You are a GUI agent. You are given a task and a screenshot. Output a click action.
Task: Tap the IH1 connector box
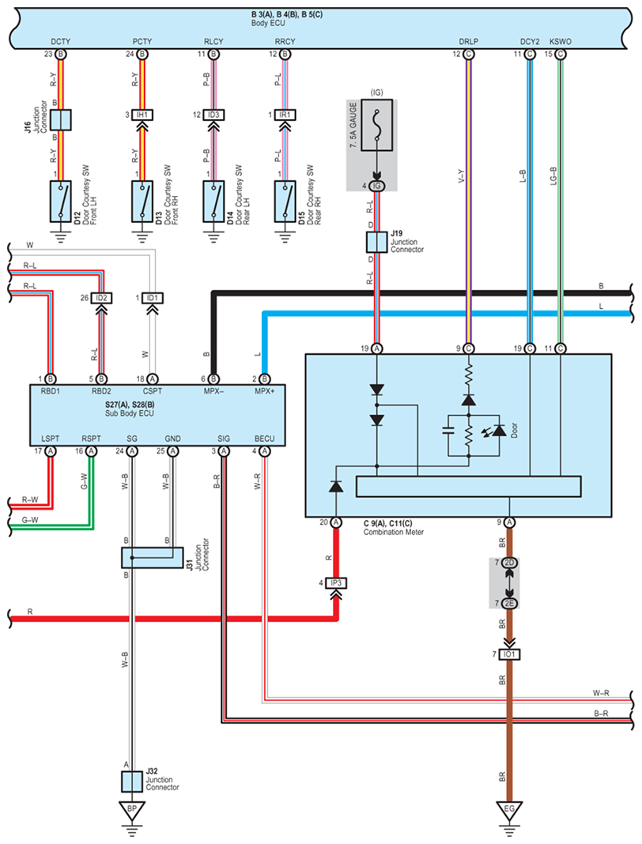pos(142,115)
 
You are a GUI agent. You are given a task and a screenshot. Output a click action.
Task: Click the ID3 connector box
pos(212,115)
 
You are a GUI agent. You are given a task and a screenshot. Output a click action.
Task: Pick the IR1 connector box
pos(282,115)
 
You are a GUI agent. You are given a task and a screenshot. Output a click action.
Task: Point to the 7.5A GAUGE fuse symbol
pos(376,136)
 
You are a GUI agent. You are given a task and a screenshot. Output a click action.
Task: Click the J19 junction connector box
pos(376,242)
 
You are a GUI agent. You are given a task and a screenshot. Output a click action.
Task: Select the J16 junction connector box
pos(62,119)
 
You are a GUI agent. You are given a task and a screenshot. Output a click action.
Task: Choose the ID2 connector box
pos(100,297)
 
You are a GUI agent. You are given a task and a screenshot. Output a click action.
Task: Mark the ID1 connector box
pos(153,297)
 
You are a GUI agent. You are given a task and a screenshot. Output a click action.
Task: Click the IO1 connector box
pos(509,654)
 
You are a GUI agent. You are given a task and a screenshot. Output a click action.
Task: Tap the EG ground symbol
pos(509,812)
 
